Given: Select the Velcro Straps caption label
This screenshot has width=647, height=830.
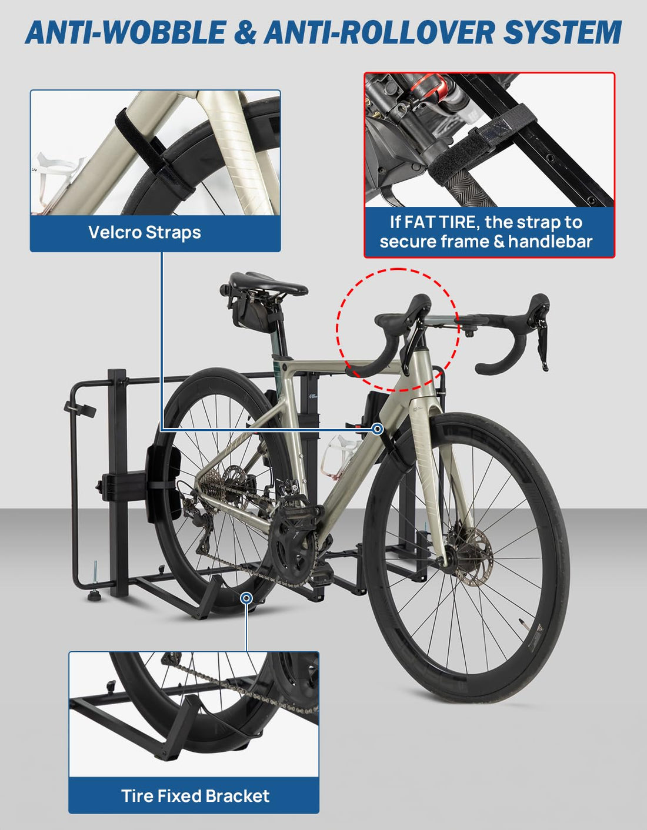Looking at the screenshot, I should coord(145,232).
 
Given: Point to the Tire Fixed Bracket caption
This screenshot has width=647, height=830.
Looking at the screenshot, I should coord(195,796).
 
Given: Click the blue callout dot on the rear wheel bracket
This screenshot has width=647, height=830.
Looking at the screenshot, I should coord(247,598).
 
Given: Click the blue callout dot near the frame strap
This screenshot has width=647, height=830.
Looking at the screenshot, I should coord(378,429).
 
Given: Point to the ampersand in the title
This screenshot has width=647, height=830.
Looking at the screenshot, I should coord(245,32).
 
